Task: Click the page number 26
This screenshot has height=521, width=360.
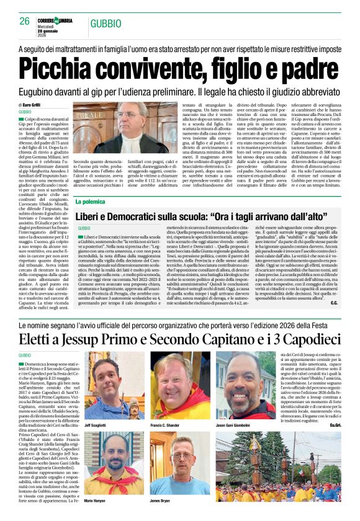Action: (25, 20)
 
